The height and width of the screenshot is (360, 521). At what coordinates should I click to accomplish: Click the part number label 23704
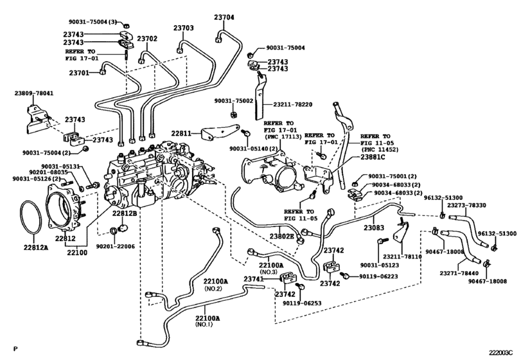[224, 17]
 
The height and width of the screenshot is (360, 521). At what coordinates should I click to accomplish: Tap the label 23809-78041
[33, 94]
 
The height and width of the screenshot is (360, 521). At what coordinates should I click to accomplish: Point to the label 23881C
[373, 157]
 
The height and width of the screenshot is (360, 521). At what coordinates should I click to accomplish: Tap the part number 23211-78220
[293, 104]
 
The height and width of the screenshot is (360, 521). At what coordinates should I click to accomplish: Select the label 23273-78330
[466, 205]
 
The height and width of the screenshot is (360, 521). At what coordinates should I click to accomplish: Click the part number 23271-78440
[459, 273]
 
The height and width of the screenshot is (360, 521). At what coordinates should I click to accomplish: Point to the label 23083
[374, 228]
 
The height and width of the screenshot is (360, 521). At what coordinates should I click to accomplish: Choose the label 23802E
[282, 237]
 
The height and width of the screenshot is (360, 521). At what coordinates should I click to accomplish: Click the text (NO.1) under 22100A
[204, 325]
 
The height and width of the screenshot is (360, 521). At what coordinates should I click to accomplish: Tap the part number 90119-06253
[302, 303]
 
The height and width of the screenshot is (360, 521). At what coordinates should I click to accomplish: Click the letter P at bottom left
[15, 348]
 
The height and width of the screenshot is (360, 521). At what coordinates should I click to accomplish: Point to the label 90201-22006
[116, 246]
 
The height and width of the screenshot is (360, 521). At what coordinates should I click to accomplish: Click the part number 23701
[79, 73]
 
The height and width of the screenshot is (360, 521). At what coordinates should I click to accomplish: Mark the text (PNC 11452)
[379, 150]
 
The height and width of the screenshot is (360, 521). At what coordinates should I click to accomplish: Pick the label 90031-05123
[380, 265]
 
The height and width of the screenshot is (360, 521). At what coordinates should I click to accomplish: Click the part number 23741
[254, 279]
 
